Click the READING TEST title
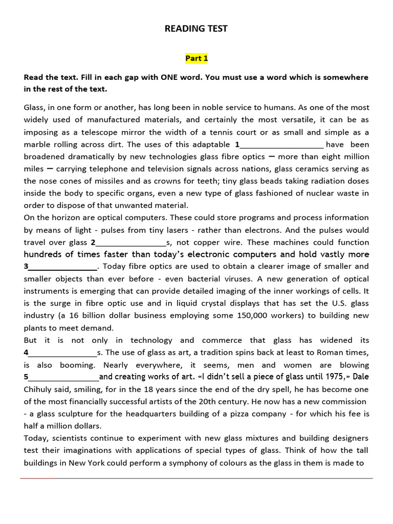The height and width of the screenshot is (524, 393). point(196,29)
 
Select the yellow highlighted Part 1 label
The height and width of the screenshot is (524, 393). point(196,58)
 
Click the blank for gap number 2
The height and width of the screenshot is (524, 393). point(131,243)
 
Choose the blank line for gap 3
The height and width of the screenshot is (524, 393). point(62,267)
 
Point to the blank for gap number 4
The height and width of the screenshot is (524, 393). point(62,353)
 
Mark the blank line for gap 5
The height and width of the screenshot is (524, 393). point(63,377)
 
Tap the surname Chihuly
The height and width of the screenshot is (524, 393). point(40,389)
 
